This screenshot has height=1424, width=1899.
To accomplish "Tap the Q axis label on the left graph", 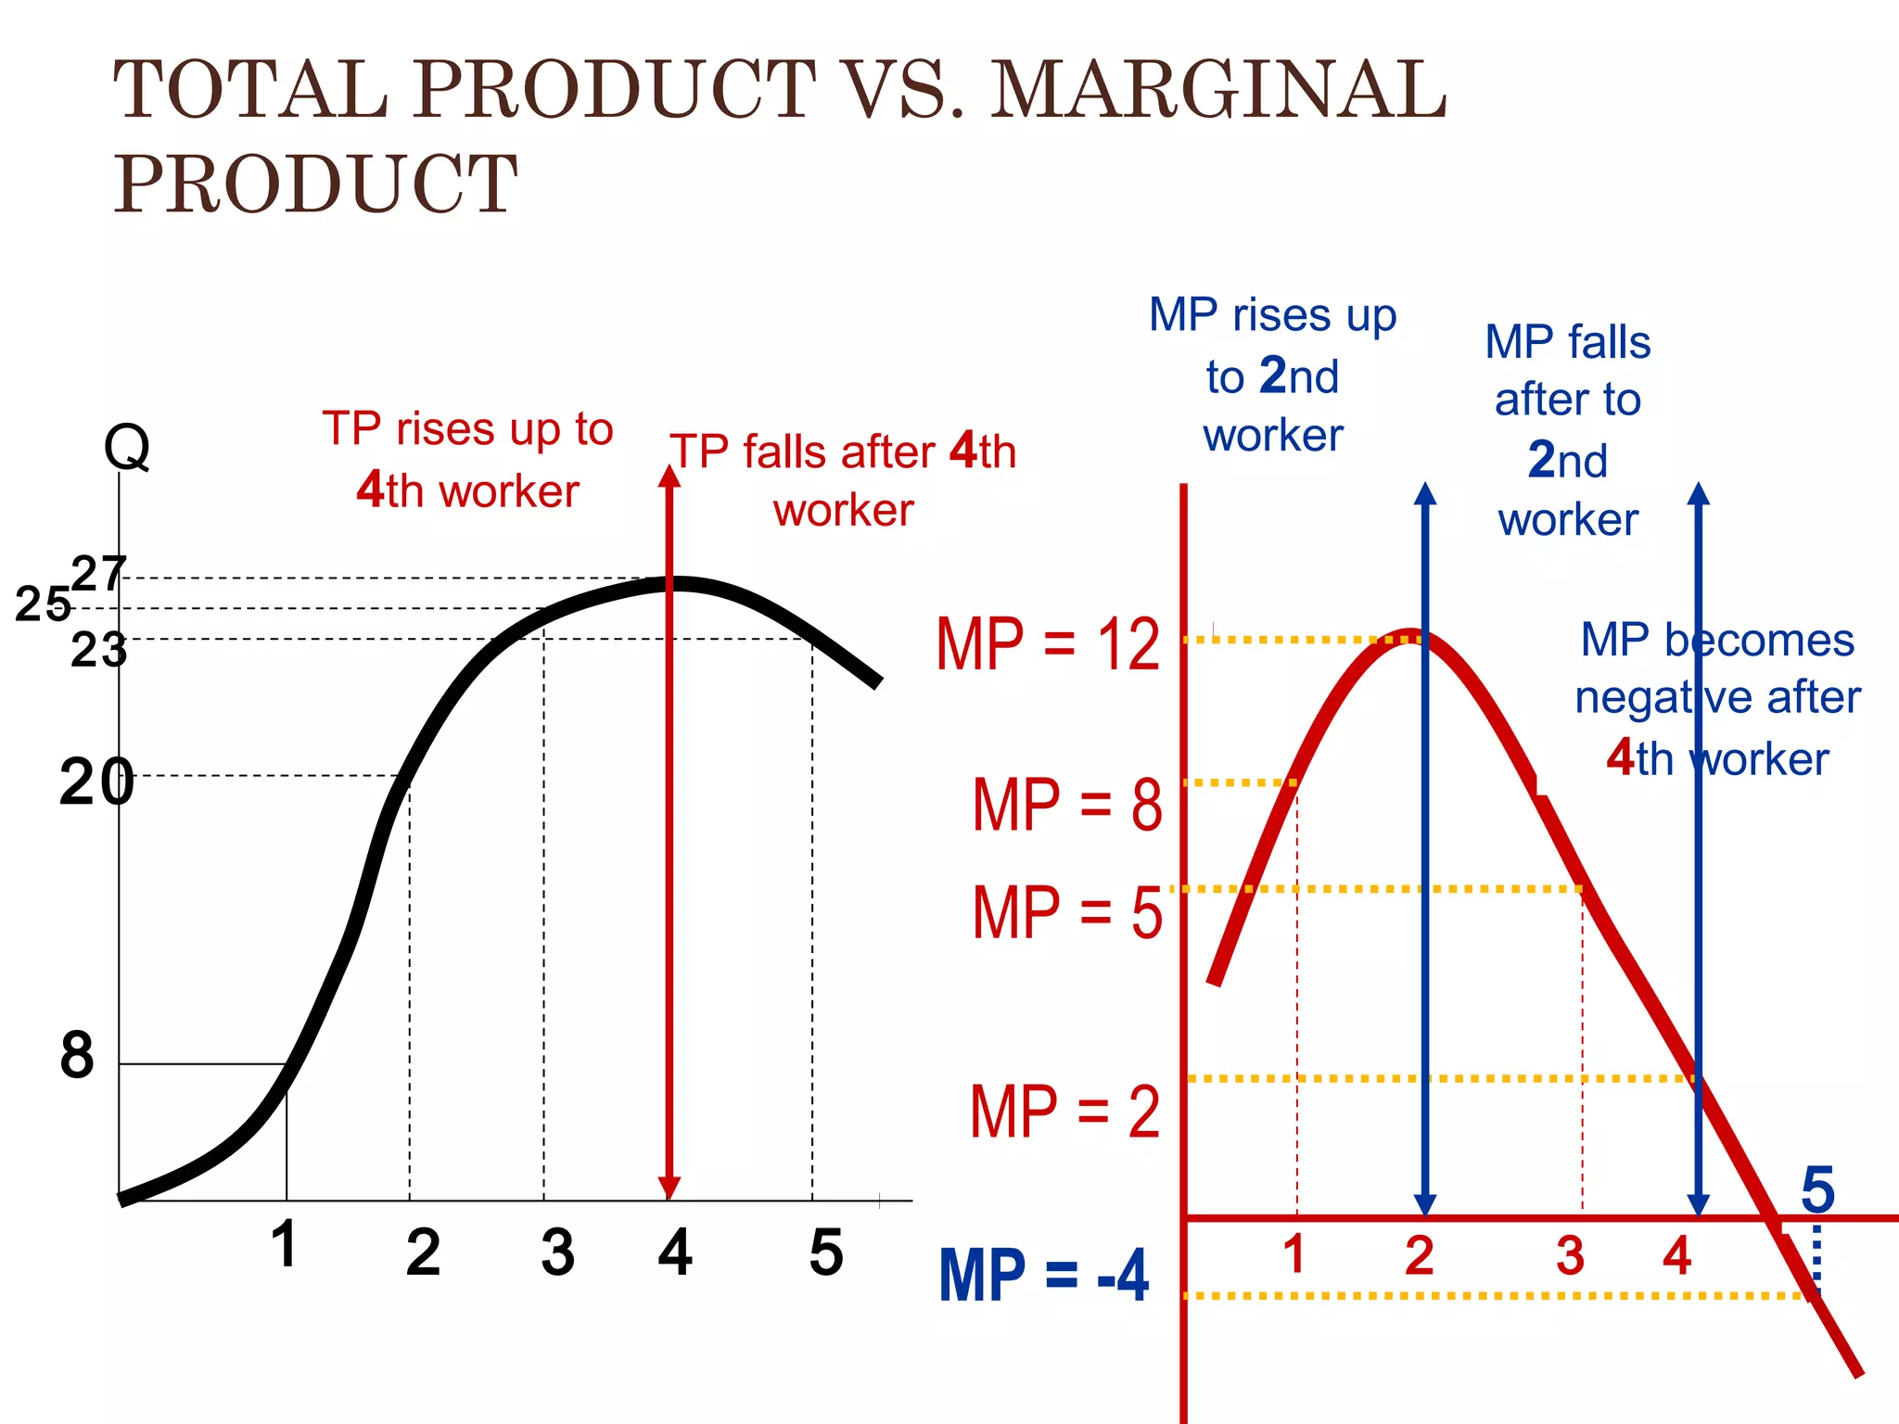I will click(x=126, y=448).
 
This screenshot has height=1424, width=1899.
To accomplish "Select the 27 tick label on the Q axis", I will click(x=98, y=574).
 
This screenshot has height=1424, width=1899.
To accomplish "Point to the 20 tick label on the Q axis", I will click(x=96, y=782).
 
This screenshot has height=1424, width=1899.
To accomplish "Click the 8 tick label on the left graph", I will click(x=77, y=1055).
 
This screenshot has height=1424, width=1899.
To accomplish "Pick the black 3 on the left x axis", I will click(x=557, y=1252).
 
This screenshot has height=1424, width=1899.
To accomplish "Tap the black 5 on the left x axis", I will click(x=825, y=1252).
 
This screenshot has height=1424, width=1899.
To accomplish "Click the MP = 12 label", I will click(x=1048, y=644).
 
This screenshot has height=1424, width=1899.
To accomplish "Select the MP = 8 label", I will click(x=1066, y=805).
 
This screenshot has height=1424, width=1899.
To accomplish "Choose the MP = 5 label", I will click(x=1066, y=913).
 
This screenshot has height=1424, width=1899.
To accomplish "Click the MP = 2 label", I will click(x=1064, y=1112).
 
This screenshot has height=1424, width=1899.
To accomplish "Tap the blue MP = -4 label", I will click(x=1043, y=1277).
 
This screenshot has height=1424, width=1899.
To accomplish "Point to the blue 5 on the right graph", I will click(x=1817, y=1189).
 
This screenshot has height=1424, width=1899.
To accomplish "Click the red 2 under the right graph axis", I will click(x=1419, y=1255).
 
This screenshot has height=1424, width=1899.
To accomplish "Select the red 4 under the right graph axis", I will click(x=1676, y=1255).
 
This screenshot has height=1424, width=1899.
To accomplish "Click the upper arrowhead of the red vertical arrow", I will click(x=669, y=477).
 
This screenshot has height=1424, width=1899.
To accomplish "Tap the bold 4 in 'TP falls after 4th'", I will click(x=963, y=451).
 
